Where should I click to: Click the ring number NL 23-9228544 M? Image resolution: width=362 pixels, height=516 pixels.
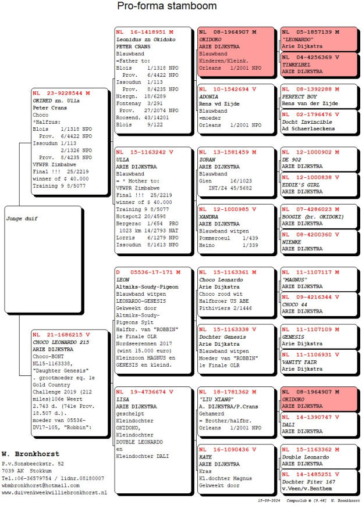(62, 92)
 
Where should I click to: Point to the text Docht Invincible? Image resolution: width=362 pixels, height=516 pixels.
(306, 122)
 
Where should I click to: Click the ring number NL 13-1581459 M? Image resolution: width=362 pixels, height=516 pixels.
(226, 152)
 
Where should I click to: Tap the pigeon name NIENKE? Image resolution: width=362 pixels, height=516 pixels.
(292, 242)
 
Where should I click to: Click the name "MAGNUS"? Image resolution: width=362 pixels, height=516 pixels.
(296, 279)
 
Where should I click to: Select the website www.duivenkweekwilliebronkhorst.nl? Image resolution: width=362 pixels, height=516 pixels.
(54, 492)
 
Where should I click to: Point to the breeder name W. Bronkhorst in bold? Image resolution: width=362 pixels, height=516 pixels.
(30, 453)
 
